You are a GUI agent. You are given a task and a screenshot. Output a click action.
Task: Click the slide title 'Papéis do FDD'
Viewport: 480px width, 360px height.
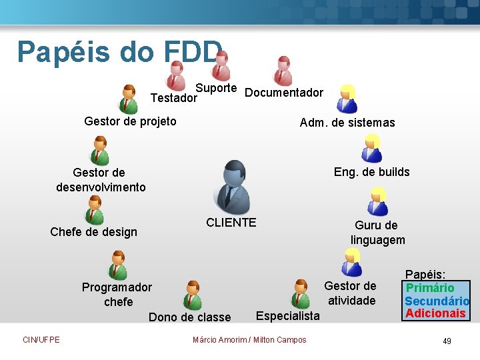[120, 52]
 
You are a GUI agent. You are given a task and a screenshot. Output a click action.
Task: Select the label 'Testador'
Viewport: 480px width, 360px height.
[174, 98]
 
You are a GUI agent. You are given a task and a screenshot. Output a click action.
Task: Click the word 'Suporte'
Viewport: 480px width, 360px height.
[216, 88]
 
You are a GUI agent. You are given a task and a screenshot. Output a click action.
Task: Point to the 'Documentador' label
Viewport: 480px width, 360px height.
[284, 93]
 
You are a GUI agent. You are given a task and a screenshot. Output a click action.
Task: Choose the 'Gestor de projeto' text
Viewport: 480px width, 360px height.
[131, 121]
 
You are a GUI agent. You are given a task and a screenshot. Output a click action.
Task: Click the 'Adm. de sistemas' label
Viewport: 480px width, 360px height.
[347, 123]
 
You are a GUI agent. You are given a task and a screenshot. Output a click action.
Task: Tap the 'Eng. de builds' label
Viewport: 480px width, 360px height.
[372, 172]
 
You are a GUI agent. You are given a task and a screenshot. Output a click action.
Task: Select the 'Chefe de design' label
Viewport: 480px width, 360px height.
[94, 232]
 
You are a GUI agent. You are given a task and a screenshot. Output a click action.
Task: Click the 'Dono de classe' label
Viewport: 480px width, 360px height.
[190, 317]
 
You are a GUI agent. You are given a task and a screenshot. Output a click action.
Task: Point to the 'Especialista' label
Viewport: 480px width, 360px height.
[288, 315]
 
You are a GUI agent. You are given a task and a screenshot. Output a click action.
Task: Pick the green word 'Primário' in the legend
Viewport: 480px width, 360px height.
[430, 288]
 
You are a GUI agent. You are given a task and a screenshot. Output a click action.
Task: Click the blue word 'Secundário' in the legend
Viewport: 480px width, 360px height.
[437, 301]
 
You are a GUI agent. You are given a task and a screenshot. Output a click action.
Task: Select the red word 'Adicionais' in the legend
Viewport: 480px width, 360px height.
[435, 313]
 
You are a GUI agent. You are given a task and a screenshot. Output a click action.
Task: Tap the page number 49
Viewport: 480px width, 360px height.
[447, 341]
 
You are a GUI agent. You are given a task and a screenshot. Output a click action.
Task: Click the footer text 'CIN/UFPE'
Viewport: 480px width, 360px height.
[41, 340]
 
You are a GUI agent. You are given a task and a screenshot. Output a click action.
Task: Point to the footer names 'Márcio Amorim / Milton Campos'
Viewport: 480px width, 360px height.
[249, 340]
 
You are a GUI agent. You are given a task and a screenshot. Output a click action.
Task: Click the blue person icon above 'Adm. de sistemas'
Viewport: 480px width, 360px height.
[347, 99]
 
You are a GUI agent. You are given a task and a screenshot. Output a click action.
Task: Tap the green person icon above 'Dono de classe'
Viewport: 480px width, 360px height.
[193, 295]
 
